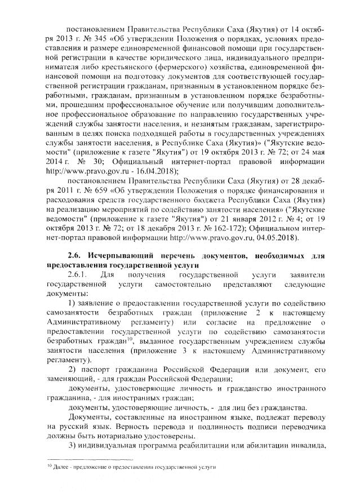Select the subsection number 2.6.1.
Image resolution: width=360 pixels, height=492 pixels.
77,275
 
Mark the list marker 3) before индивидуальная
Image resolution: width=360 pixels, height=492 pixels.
72,446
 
